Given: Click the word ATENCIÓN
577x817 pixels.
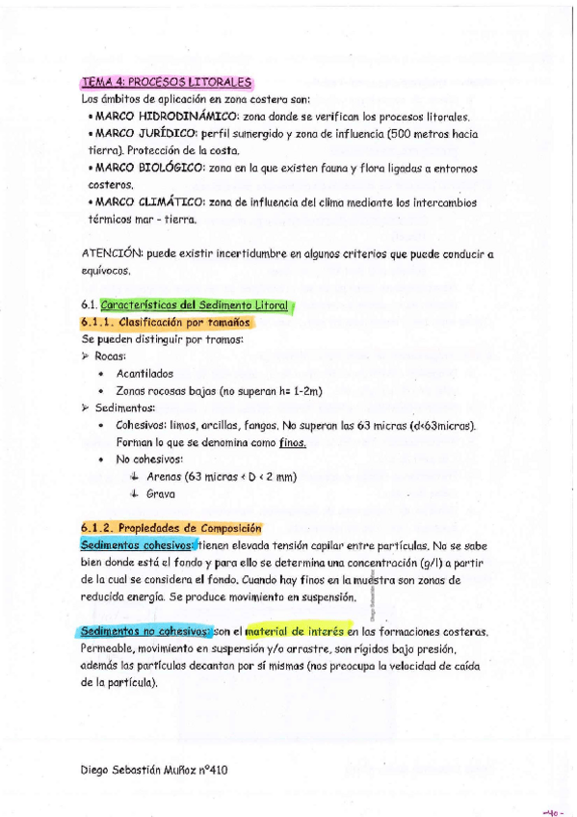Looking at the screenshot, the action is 112,254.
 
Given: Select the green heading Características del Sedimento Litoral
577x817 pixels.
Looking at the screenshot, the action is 197,305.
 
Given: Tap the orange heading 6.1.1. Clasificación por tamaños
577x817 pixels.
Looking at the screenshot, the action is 166,323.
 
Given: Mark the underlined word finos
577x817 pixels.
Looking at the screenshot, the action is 292,442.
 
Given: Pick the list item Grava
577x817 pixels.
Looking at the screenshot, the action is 160,494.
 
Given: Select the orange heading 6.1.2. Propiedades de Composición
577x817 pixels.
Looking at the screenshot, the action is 171,528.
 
